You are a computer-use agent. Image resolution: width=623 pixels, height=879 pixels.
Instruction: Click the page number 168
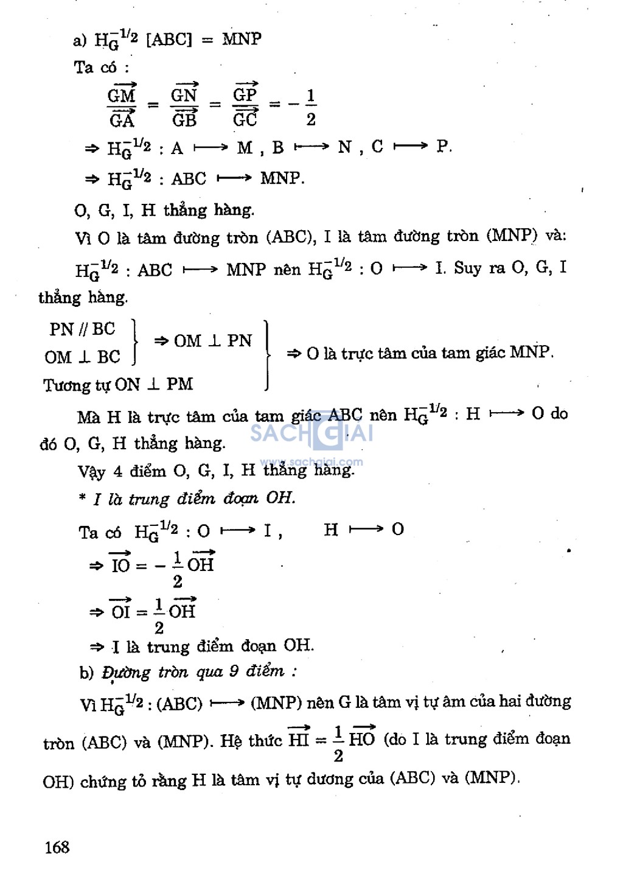(57, 847)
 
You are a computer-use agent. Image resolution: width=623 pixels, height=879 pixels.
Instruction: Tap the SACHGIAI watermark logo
(311, 433)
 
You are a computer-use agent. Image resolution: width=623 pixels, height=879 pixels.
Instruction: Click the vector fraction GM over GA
(122, 107)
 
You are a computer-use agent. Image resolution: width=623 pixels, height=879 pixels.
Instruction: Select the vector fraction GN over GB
(184, 107)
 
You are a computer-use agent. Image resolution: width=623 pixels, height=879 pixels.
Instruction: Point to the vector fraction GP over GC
(245, 106)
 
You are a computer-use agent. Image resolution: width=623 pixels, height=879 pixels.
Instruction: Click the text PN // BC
(82, 329)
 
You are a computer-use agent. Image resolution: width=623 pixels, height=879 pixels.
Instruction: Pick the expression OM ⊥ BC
(82, 357)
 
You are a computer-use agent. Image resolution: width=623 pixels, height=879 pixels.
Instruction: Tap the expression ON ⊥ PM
(154, 384)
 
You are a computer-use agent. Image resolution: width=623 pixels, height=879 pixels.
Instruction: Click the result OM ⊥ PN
(212, 341)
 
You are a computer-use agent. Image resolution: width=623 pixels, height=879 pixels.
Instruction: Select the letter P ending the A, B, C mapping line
(443, 147)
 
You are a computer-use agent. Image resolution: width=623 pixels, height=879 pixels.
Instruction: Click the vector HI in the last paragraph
(299, 738)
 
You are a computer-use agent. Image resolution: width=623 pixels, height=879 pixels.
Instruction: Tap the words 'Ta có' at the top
(95, 67)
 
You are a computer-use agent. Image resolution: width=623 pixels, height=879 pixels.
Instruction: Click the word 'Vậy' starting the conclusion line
(91, 471)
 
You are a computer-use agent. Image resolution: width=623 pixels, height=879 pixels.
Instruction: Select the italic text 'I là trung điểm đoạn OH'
(194, 499)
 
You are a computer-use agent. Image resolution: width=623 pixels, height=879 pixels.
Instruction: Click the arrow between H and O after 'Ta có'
(367, 530)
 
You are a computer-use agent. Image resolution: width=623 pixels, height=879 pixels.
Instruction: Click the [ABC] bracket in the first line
(169, 40)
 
